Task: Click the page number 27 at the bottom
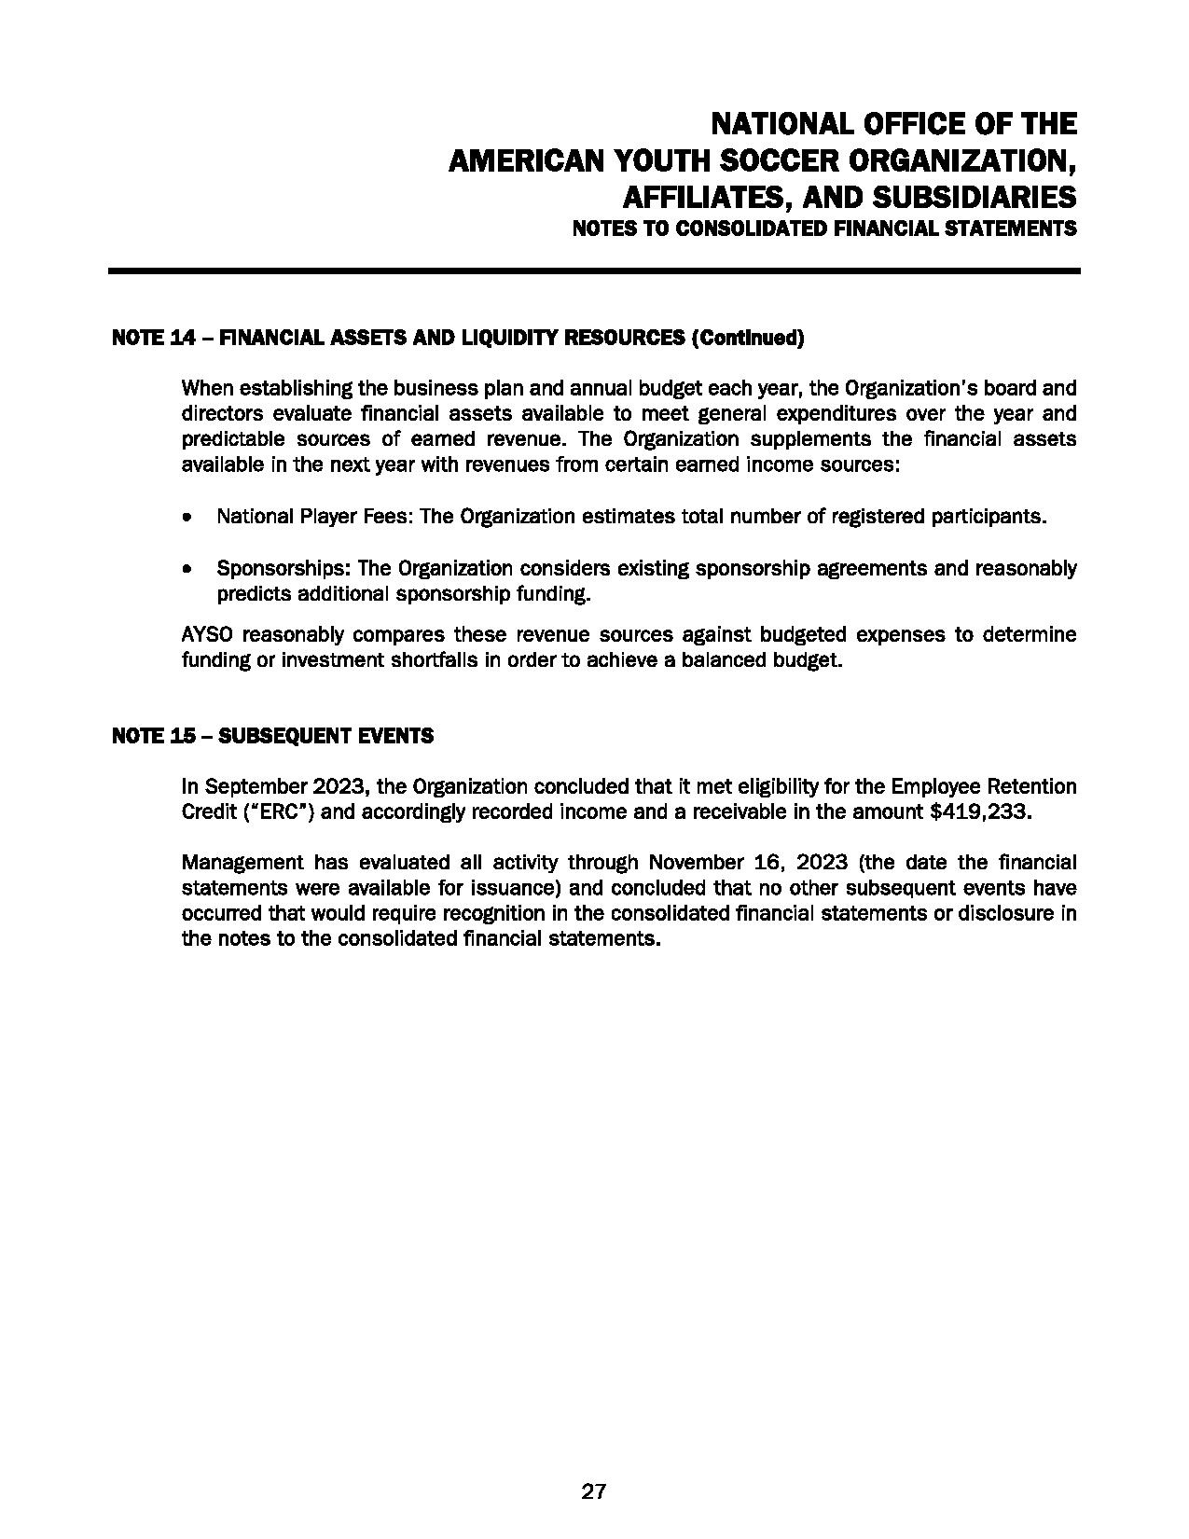[594, 1491]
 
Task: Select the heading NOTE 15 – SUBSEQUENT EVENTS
[272, 736]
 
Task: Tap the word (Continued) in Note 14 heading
[746, 338]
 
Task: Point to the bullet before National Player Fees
[190, 516]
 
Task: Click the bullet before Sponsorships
[190, 568]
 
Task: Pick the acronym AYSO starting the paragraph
[207, 635]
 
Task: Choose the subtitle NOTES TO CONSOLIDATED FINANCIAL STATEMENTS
[823, 229]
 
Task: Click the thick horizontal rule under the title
[594, 271]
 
